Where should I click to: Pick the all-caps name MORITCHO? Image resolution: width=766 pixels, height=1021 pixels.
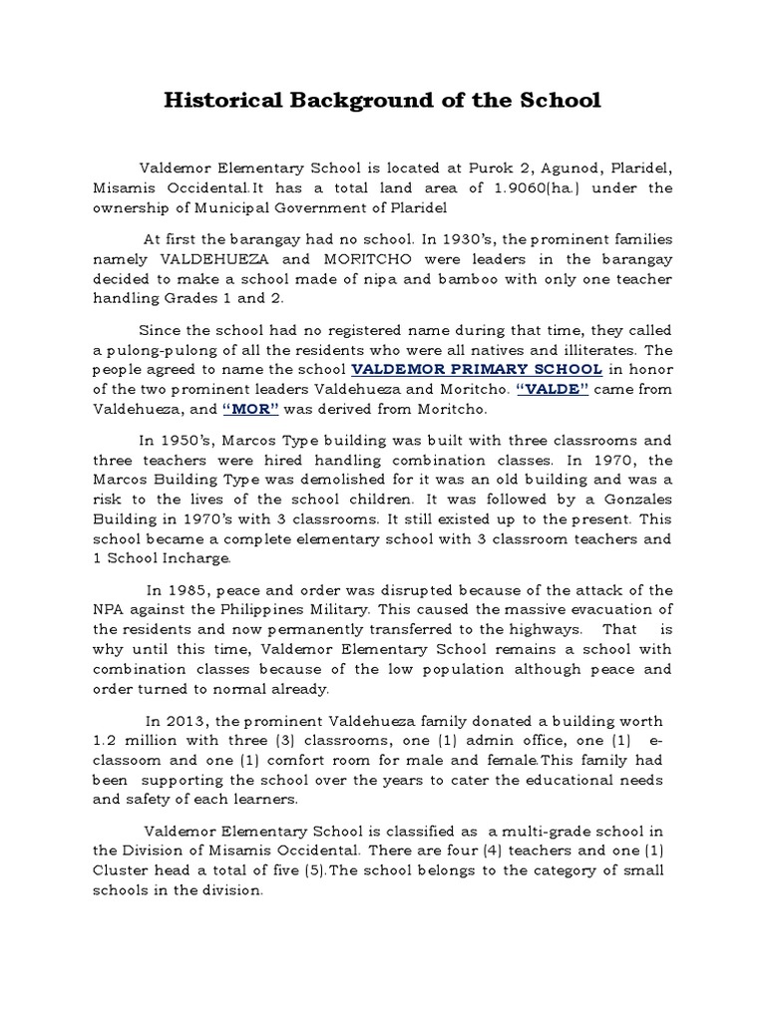382,259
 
